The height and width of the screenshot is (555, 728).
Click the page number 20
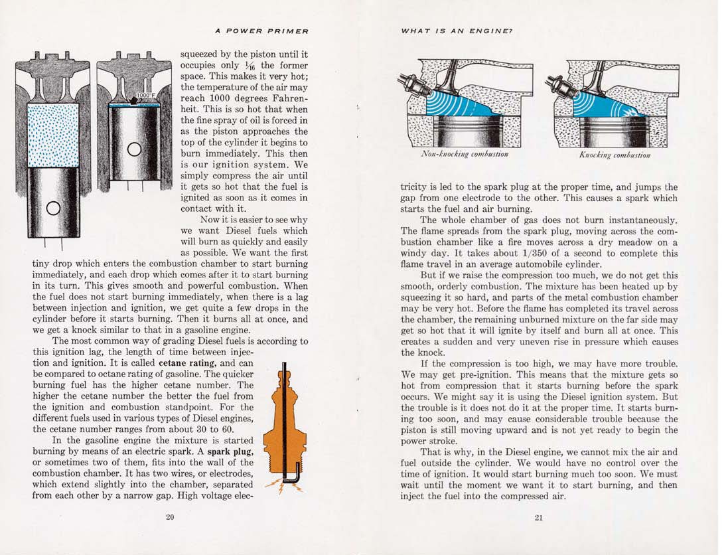[x=170, y=518]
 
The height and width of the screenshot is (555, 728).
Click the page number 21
[x=538, y=518]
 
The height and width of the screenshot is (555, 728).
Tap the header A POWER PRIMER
[x=262, y=31]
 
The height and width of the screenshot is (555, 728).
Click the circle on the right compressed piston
[x=135, y=149]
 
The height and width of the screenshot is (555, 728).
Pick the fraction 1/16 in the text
[x=250, y=66]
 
